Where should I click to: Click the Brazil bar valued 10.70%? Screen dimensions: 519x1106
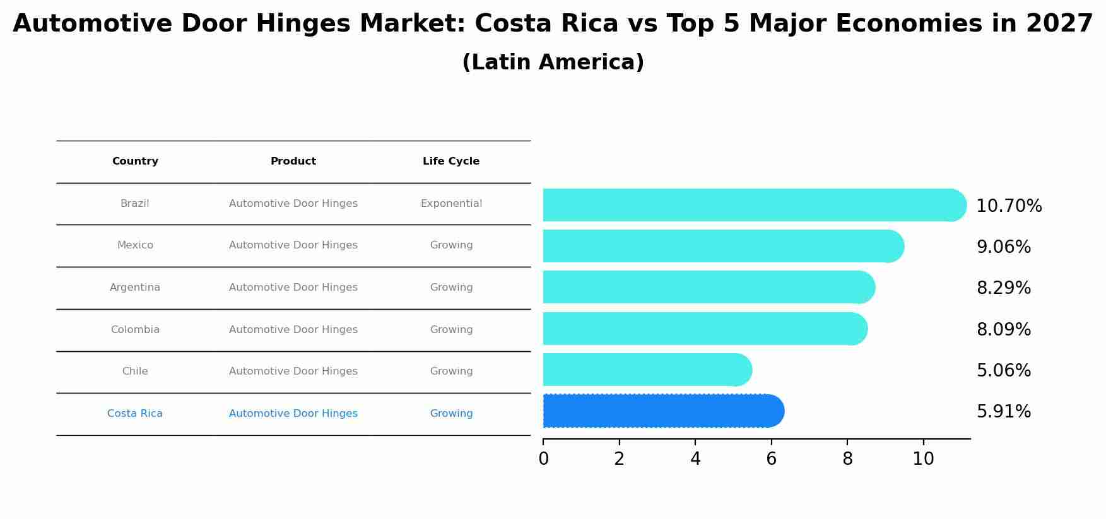coord(754,205)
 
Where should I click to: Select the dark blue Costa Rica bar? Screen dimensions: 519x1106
coord(662,411)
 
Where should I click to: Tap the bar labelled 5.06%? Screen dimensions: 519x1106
coord(647,370)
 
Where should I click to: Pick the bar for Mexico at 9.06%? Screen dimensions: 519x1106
coord(722,246)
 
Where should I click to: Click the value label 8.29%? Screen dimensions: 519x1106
coord(1003,288)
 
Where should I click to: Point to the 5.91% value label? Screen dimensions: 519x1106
coord(1003,412)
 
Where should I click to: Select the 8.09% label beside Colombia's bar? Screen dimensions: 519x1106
coord(1003,330)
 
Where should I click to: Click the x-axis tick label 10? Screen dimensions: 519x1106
coord(923,459)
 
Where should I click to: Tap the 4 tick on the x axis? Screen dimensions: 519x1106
coord(695,459)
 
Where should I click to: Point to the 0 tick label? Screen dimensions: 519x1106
coord(543,459)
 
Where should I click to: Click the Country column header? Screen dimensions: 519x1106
coord(135,161)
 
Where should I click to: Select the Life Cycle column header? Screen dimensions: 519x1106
coord(451,161)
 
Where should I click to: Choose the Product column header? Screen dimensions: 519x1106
coord(293,161)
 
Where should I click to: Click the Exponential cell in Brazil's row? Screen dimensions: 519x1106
coord(451,204)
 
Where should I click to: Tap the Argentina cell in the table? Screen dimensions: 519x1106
coord(135,288)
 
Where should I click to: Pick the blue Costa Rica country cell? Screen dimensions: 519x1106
coord(135,414)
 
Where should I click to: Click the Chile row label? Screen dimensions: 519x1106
coord(135,371)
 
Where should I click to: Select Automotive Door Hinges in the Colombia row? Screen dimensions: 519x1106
coord(293,330)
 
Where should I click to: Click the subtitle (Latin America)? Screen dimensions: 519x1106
coord(553,62)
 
